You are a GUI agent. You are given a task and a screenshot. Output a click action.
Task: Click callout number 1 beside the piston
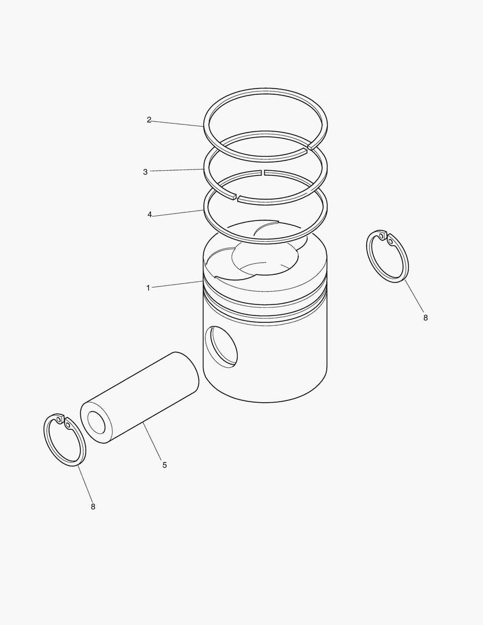point(148,288)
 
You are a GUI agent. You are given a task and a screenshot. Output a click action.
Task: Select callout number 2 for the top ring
point(149,120)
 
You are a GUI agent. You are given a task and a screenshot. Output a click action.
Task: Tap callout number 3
point(145,172)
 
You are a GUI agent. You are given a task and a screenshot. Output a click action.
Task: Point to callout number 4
point(149,215)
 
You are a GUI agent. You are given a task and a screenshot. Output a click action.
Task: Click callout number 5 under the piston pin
point(164,465)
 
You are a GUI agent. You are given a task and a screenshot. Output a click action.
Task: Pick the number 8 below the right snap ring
point(425,318)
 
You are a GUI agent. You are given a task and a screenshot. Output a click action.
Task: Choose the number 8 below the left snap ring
point(93,506)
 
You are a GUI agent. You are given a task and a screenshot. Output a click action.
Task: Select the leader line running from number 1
point(176,285)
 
